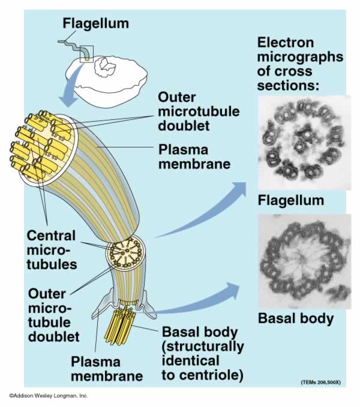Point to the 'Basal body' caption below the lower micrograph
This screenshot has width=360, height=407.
295,318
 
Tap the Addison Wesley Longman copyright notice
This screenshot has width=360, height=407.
48,396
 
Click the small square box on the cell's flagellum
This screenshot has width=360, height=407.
88,52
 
